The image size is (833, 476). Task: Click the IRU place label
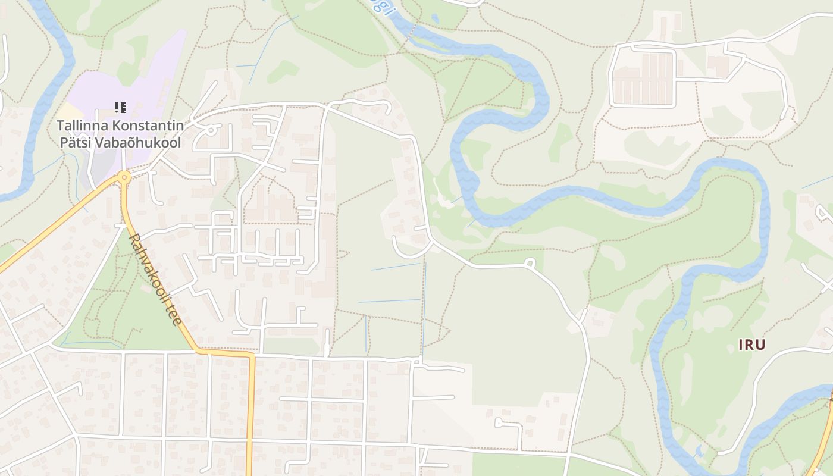(x=751, y=345)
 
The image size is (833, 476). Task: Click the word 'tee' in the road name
(x=176, y=316)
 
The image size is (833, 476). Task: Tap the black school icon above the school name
(x=120, y=108)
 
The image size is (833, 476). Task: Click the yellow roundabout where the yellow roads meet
(x=124, y=177)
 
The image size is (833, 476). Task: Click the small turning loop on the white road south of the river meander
(x=529, y=262)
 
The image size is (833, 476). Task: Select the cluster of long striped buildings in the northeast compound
(x=643, y=78)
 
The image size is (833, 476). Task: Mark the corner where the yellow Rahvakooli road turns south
(x=250, y=355)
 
